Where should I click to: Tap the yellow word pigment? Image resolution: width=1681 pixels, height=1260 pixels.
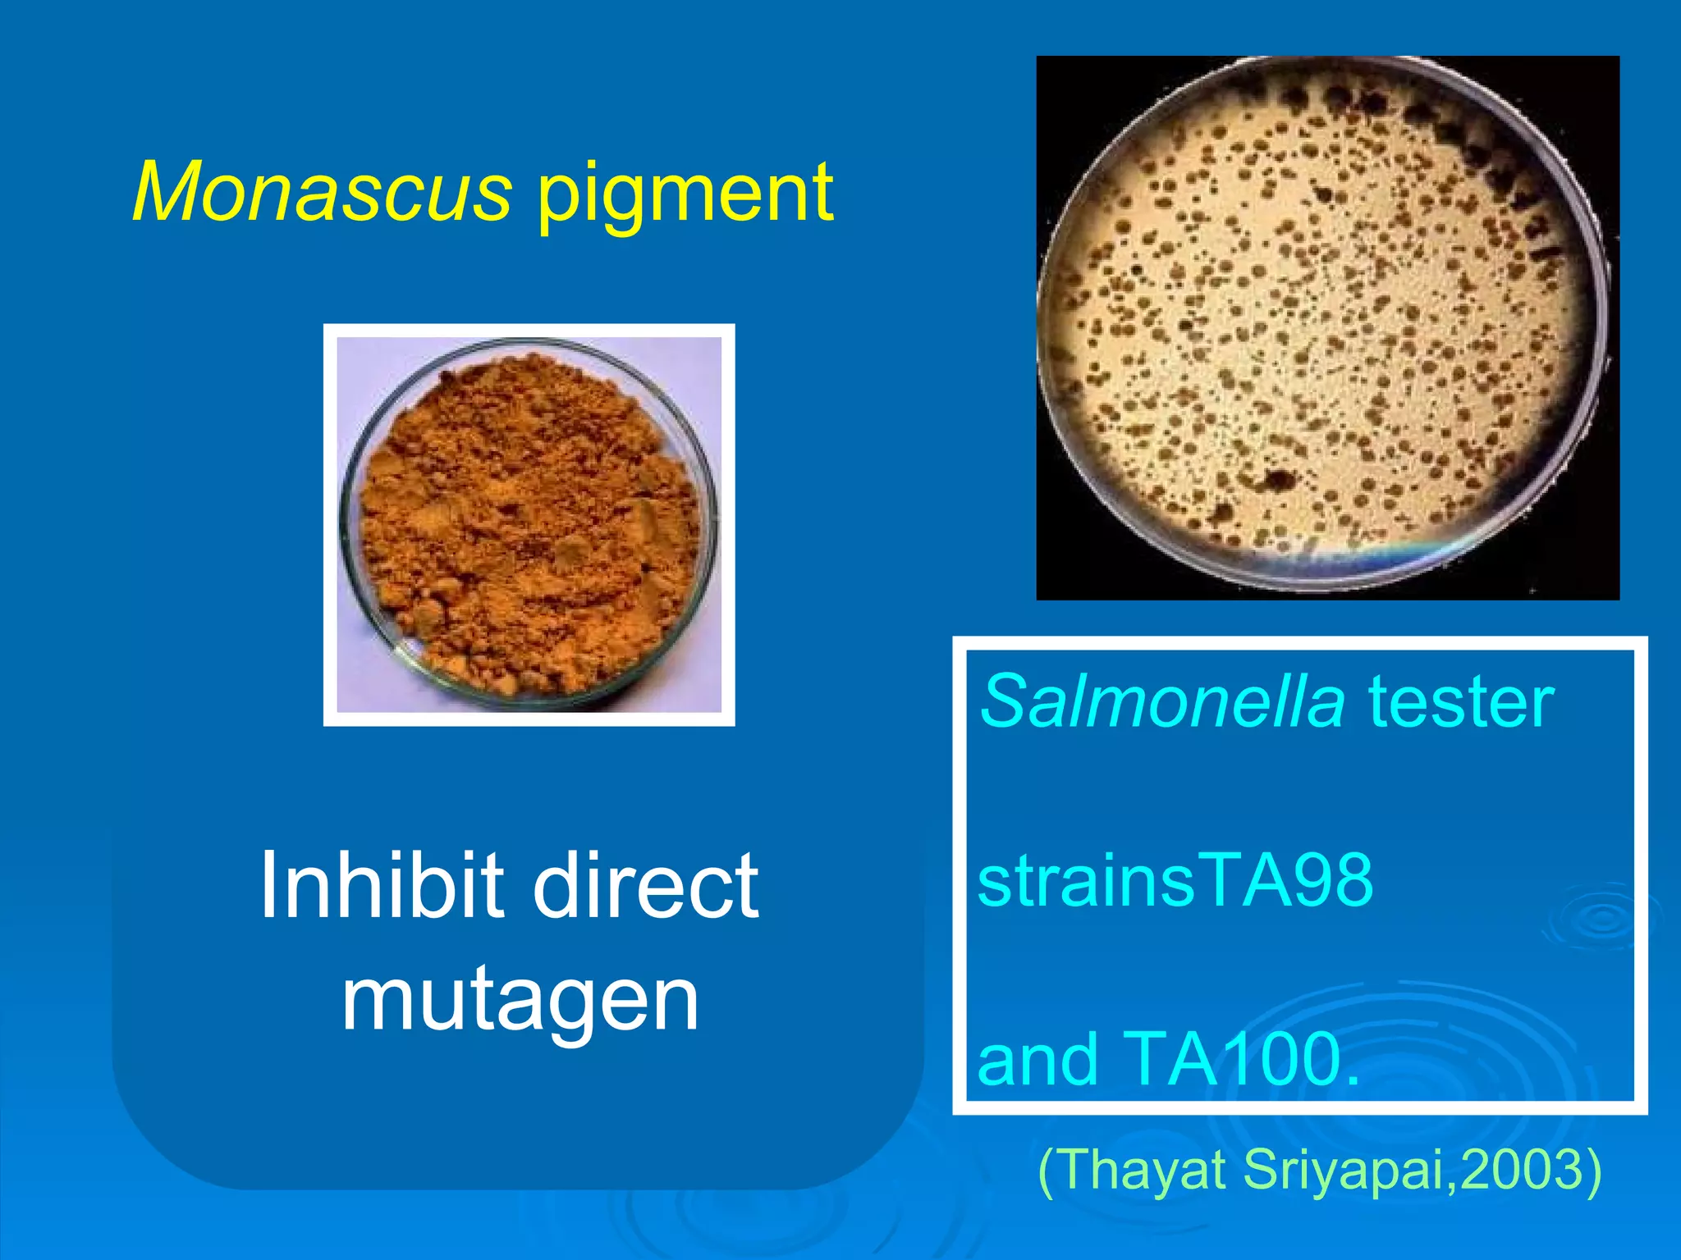click(x=685, y=197)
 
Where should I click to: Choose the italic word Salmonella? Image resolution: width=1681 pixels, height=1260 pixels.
click(x=1162, y=701)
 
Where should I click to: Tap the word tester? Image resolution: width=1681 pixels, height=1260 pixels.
click(x=1461, y=703)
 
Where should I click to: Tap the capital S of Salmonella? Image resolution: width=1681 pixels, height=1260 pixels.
click(x=1003, y=701)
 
